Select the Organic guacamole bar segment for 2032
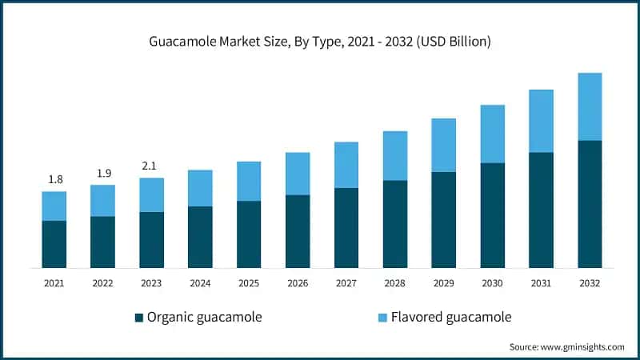coord(590,204)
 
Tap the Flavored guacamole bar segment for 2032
coord(590,106)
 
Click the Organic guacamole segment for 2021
coord(54,244)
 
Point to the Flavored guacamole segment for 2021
coord(54,206)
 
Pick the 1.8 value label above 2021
coord(55,179)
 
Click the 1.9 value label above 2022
coord(103,173)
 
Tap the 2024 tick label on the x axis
coord(200,282)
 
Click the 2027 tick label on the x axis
coord(346,282)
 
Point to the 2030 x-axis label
coord(492,282)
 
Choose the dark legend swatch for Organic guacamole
coord(139,318)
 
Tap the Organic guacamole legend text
coord(204,318)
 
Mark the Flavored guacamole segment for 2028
coord(395,155)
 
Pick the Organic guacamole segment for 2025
coord(249,234)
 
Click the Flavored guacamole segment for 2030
coord(492,134)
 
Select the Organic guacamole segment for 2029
coord(444,219)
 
